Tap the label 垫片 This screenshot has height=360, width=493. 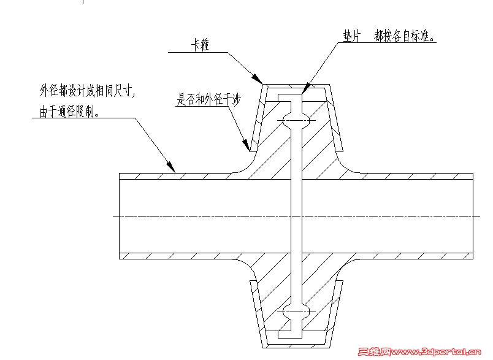coord(350,37)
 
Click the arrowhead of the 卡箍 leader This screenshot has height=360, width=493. coord(259,80)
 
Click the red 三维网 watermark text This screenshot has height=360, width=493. coord(373,352)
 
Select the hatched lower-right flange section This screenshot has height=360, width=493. coord(322,282)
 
